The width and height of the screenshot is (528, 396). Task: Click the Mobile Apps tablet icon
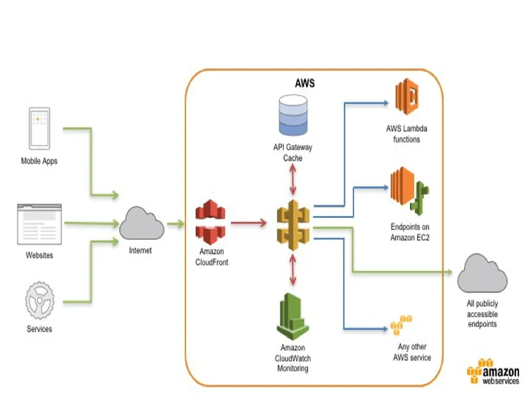click(x=40, y=129)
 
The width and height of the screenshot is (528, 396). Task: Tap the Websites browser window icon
click(x=39, y=223)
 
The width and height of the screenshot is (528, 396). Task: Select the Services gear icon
click(x=40, y=300)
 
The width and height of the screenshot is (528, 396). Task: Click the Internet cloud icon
click(x=141, y=224)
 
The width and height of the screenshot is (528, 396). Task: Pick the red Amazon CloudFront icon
click(x=211, y=219)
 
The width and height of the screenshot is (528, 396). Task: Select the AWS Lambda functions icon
click(x=406, y=97)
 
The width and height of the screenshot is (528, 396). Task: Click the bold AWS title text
click(x=305, y=83)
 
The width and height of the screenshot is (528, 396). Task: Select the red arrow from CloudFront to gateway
click(x=248, y=223)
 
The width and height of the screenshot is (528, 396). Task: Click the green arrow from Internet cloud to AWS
click(x=175, y=224)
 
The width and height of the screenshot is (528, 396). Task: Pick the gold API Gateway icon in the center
click(x=293, y=224)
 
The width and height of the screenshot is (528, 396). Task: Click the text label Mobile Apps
click(x=39, y=161)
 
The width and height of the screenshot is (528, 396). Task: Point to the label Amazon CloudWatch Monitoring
click(x=293, y=358)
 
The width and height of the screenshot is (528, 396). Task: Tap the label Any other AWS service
click(x=412, y=352)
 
